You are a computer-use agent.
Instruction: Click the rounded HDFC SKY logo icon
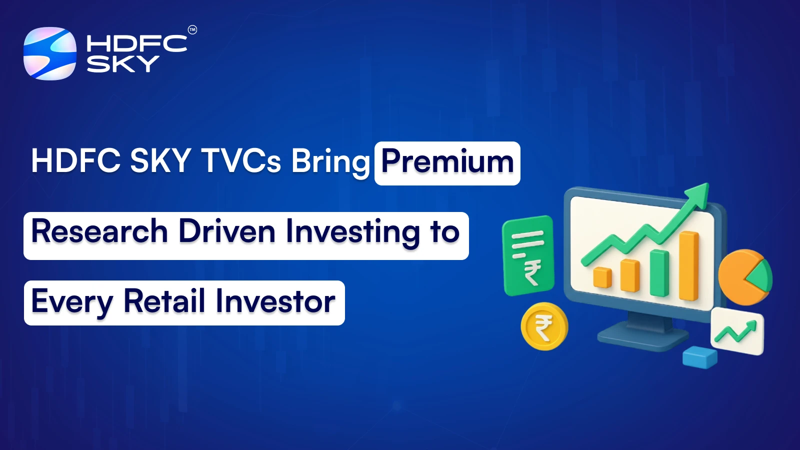click(50, 53)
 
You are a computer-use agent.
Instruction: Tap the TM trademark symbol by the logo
click(192, 30)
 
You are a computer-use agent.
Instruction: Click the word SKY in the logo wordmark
click(122, 64)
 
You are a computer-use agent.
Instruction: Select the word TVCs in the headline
click(241, 161)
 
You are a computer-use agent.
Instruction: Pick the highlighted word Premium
click(447, 162)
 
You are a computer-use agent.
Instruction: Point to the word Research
click(99, 231)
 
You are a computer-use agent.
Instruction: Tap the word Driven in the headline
click(227, 231)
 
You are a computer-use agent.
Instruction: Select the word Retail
click(164, 301)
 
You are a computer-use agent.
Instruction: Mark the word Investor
click(275, 301)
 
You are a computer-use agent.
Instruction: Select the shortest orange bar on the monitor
click(602, 277)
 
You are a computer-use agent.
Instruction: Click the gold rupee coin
click(544, 326)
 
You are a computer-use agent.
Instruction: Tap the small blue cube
click(700, 357)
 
